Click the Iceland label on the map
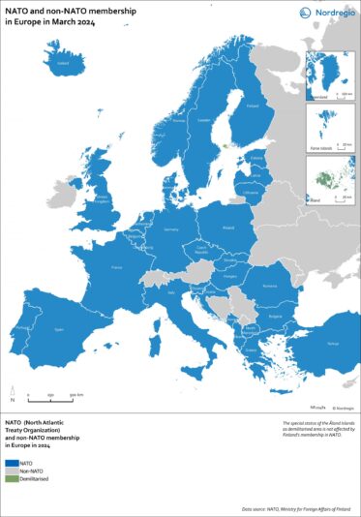(x=64, y=66)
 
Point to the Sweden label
(x=203, y=121)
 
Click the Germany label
(x=172, y=229)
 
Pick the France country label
(x=117, y=264)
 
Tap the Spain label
(x=59, y=330)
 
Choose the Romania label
(x=269, y=285)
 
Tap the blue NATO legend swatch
(x=13, y=462)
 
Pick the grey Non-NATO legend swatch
(x=13, y=471)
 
